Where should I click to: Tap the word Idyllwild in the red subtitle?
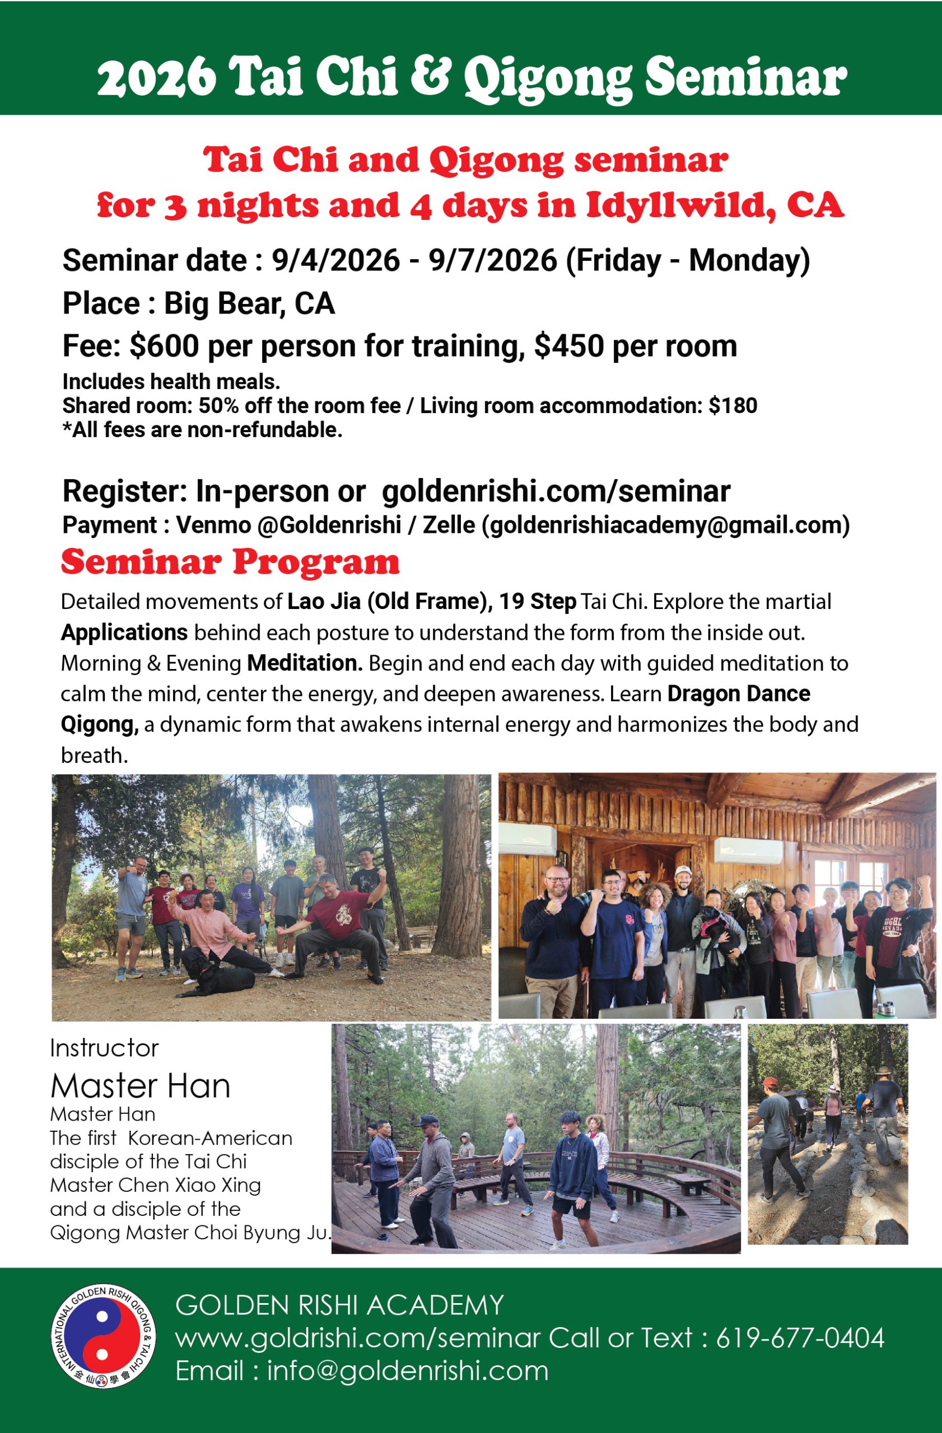tap(680, 206)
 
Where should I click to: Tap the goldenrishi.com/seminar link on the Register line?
tap(556, 491)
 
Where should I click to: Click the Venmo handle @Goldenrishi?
tap(329, 525)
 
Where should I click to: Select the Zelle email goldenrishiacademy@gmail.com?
tap(665, 525)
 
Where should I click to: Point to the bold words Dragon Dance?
tap(738, 694)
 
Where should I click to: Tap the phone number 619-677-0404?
tap(800, 1338)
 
